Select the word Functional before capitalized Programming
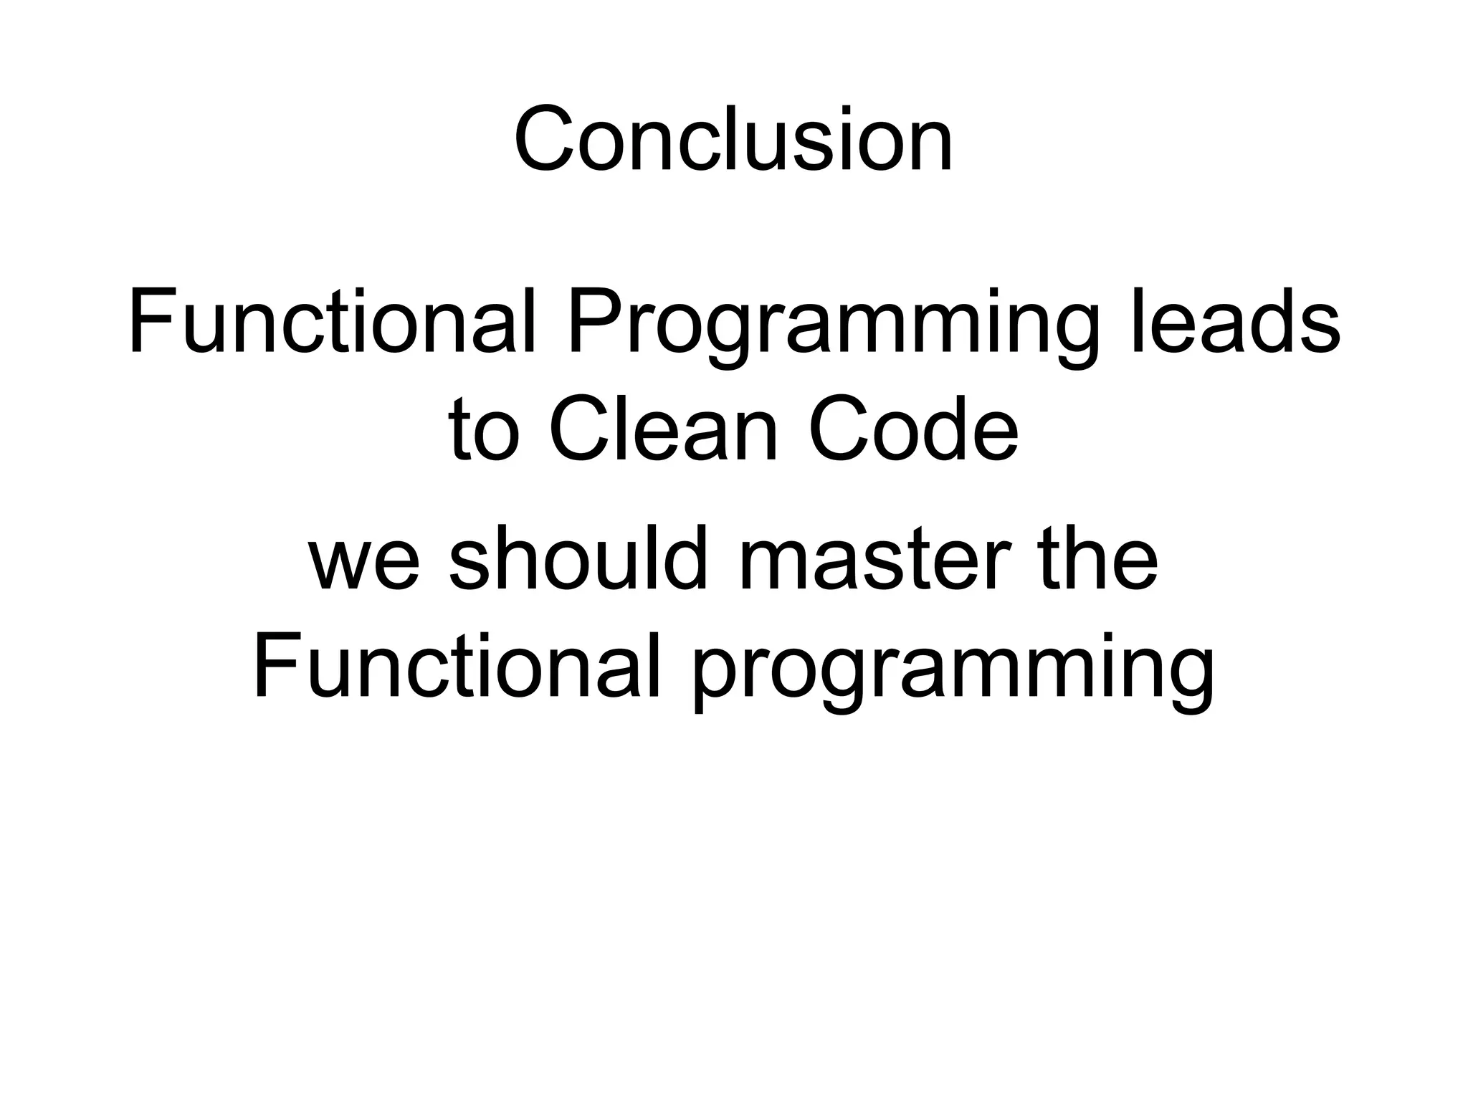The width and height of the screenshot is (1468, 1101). [x=332, y=320]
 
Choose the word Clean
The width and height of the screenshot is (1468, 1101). [x=664, y=430]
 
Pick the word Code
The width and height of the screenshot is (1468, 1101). [x=913, y=430]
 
